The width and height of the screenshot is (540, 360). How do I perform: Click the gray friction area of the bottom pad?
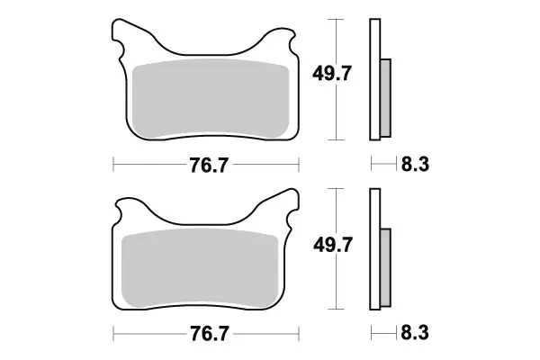[x=205, y=265]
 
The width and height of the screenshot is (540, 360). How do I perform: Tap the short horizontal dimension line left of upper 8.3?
[x=383, y=165]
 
